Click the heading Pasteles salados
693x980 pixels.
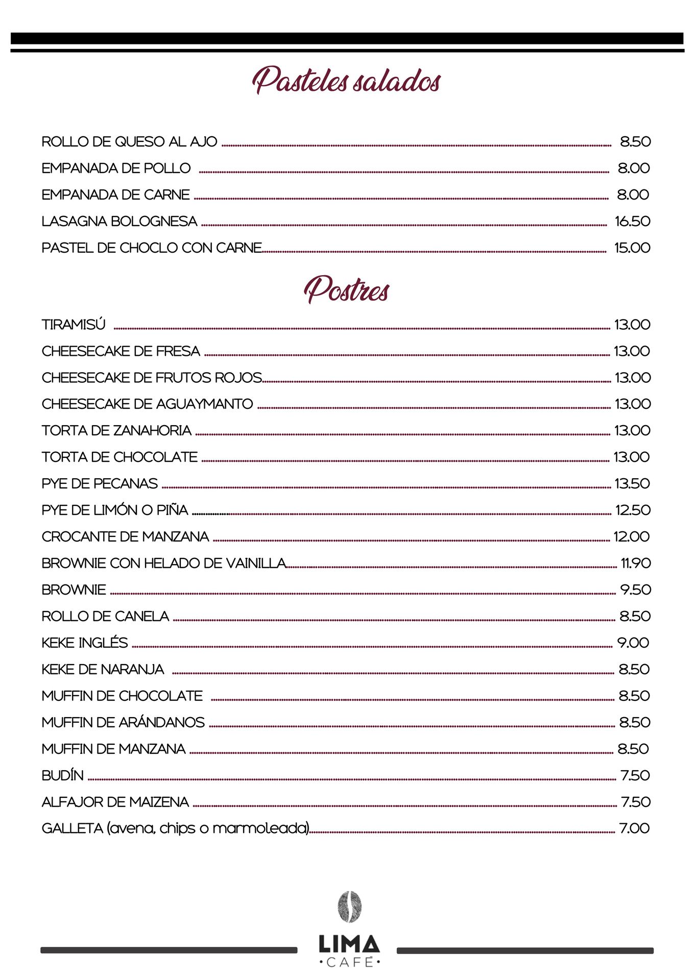click(346, 81)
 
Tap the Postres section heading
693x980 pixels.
click(346, 289)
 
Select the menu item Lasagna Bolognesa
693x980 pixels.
click(120, 221)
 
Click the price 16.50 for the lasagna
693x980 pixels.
click(632, 221)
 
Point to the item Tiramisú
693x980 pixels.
click(74, 325)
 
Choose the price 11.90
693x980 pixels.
click(636, 563)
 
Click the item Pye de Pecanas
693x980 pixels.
click(100, 483)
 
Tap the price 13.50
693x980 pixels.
click(632, 483)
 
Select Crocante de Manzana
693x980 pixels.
click(125, 536)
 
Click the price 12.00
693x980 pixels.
click(632, 536)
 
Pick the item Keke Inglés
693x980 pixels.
click(85, 643)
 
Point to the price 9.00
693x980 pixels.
click(633, 643)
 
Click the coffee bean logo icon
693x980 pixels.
click(349, 907)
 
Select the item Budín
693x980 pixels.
click(62, 775)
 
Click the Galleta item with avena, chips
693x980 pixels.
click(176, 828)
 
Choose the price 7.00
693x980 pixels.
click(634, 828)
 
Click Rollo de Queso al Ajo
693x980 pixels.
click(129, 141)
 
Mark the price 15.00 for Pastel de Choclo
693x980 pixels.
click(632, 248)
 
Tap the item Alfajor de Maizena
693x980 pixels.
click(115, 802)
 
